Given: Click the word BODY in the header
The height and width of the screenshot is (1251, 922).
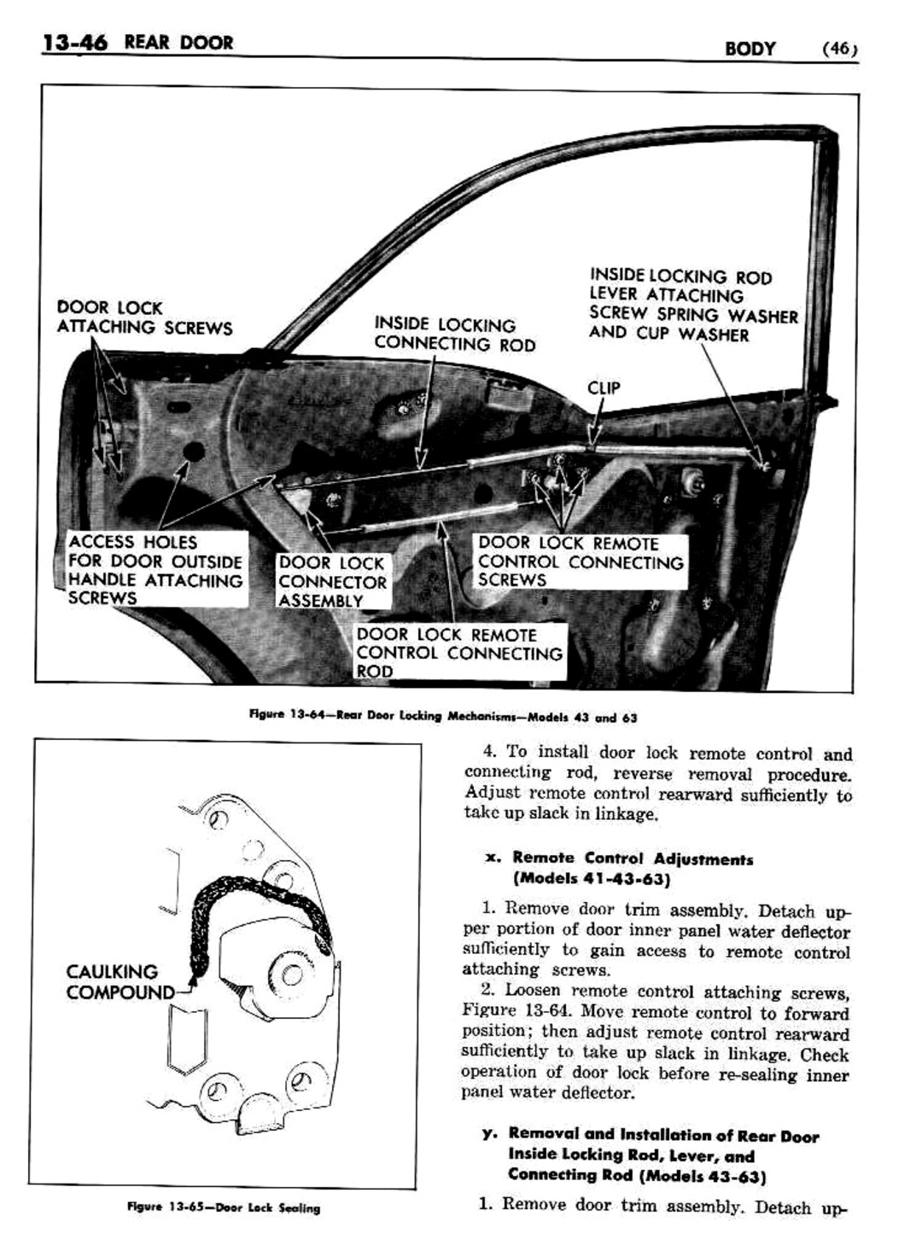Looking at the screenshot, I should pos(750,49).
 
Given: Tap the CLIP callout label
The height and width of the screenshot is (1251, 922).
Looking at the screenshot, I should pos(604,388).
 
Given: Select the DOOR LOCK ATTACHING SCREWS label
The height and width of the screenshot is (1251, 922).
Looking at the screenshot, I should pos(144,317).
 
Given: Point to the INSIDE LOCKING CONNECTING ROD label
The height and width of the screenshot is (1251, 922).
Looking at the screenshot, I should pos(454,335).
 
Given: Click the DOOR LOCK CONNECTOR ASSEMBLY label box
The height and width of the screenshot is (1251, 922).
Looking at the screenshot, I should pos(332,582).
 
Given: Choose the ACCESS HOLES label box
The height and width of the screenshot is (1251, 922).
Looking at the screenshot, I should pos(156,569).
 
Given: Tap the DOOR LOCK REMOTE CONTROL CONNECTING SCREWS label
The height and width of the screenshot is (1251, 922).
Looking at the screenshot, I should pos(581,561).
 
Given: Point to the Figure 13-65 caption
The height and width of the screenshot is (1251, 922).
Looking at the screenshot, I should pos(224,1207).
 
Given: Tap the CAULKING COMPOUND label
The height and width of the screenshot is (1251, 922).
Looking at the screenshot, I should pos(114,982).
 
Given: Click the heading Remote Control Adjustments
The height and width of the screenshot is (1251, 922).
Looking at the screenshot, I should pos(633,858).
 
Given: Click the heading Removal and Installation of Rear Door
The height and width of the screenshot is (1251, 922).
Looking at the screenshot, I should pos(663,1135).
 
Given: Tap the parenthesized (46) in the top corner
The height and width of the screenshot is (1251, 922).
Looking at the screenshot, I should pos(838,49).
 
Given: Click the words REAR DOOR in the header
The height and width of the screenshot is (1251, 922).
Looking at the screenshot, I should pos(178,43).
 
